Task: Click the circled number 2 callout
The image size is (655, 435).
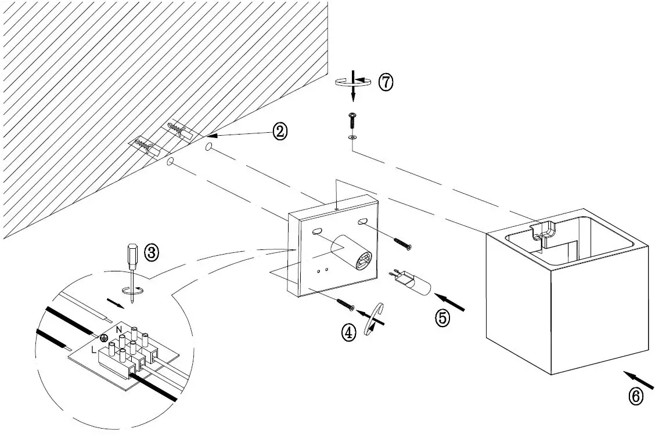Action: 280,132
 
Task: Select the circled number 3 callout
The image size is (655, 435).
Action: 152,253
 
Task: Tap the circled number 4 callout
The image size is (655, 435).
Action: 349,332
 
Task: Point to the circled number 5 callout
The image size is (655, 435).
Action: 443,318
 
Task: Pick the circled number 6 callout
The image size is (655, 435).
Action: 636,397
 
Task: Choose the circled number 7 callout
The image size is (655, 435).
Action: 386,82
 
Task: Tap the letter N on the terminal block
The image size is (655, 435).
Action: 119,329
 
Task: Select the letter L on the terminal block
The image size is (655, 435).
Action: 93,350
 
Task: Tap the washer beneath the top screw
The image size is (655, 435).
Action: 354,137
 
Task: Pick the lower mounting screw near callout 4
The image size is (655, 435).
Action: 345,304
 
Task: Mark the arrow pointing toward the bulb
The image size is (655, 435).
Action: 450,302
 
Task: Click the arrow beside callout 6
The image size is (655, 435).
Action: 638,380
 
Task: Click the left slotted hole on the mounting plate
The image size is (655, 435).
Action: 317,230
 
